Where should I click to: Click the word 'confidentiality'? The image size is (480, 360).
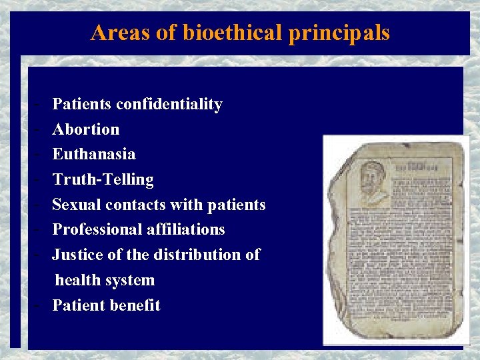169,104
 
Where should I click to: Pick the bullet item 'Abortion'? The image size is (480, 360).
86,129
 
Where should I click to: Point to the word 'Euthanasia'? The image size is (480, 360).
94,154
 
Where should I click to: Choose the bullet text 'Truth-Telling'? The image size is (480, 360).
103,179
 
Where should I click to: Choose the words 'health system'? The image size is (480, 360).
105,280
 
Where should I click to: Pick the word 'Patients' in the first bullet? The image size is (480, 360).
82,104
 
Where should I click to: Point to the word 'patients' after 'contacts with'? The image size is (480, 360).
236,205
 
